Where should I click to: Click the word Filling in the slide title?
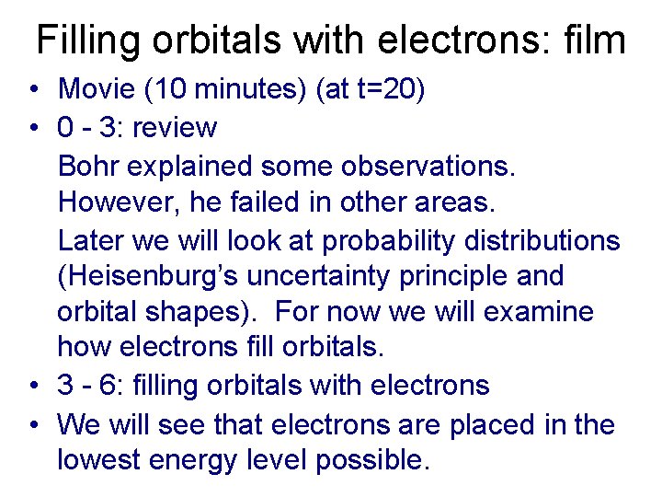(87, 41)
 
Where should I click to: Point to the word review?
(175, 127)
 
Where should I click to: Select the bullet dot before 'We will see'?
(33, 424)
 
